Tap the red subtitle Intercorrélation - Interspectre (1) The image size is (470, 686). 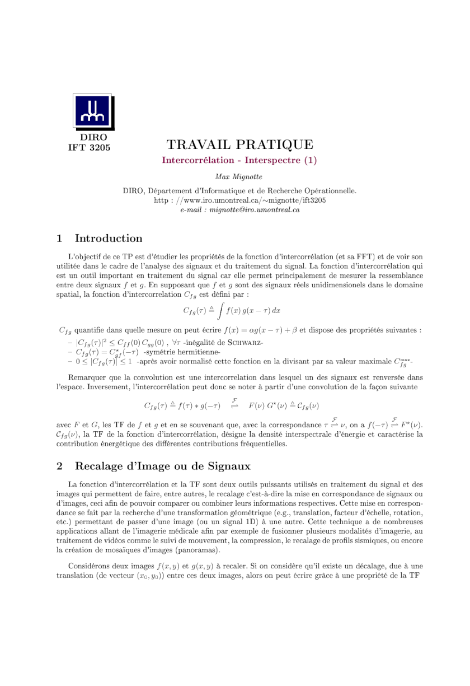point(239,160)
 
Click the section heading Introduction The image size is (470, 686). point(109,238)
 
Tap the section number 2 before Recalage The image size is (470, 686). point(60,466)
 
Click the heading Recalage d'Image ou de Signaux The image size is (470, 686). point(163,466)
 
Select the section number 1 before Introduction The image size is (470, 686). point(60,238)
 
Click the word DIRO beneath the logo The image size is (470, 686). point(93,137)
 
